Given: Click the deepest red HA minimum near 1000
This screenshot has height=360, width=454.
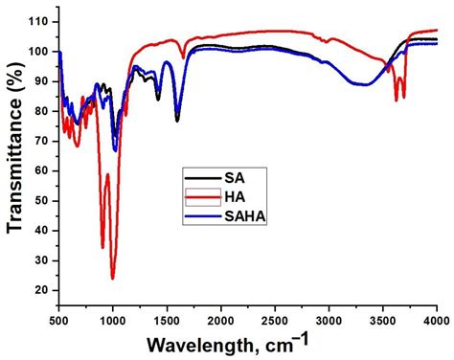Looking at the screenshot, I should (x=113, y=278).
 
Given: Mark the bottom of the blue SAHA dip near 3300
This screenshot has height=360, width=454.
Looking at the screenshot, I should (x=365, y=85).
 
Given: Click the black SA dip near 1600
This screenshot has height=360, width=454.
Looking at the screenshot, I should (x=177, y=121).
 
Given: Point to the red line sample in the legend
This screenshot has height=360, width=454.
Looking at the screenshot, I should (x=202, y=197).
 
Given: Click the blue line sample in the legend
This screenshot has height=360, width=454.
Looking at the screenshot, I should (x=202, y=216).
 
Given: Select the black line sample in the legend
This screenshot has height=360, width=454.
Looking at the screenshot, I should (x=202, y=179).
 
